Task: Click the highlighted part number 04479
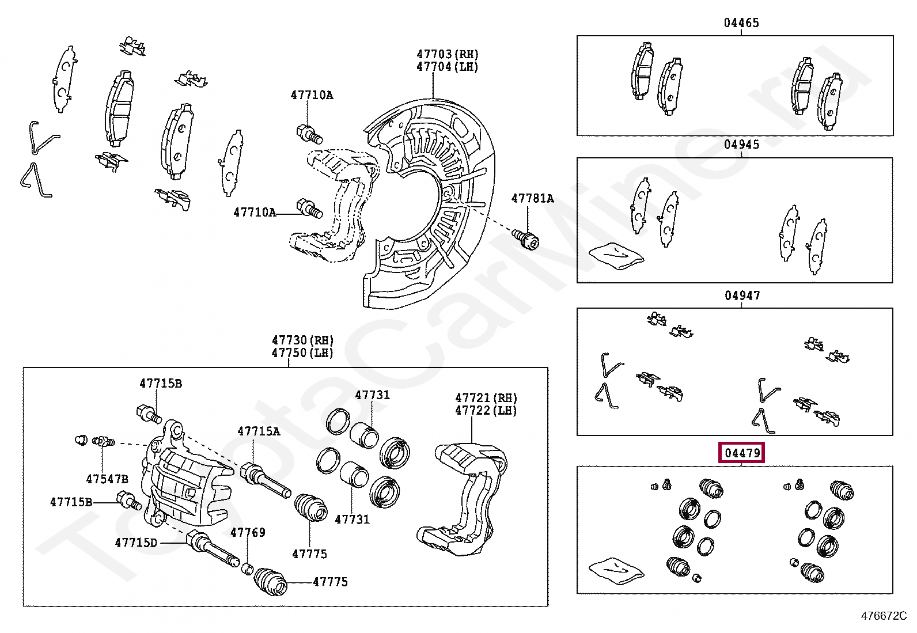click(x=742, y=453)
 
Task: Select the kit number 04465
click(x=741, y=23)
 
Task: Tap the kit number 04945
click(x=741, y=145)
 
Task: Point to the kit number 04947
click(x=742, y=295)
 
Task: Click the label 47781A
click(x=532, y=199)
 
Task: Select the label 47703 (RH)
click(x=448, y=54)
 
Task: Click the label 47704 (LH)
click(x=448, y=67)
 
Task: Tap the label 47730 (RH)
click(x=303, y=340)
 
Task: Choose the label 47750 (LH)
click(x=303, y=352)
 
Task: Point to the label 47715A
click(x=259, y=431)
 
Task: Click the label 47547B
click(x=107, y=479)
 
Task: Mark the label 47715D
click(x=136, y=543)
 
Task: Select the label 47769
click(x=248, y=532)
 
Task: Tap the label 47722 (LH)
click(x=486, y=411)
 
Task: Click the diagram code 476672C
click(x=884, y=616)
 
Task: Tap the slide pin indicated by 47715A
click(x=265, y=480)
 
